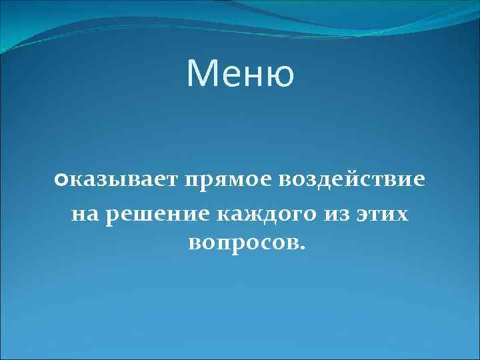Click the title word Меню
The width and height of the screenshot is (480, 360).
240,73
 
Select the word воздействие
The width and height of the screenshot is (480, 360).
351,181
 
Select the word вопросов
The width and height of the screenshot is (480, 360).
243,243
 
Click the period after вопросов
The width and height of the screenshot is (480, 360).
303,249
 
